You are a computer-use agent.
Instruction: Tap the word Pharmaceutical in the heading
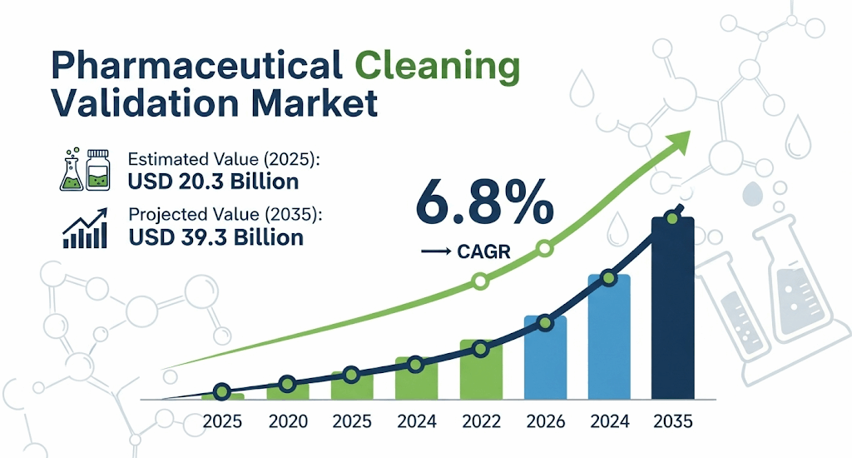pos(196,66)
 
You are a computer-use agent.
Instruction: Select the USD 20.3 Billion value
pos(213,181)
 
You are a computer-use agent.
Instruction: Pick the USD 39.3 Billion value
pos(216,237)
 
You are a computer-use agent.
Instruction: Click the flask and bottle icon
pos(87,170)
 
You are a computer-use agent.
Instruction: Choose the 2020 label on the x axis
pos(287,422)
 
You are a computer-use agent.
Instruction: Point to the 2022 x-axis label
pos(480,422)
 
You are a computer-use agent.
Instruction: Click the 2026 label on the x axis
pos(544,422)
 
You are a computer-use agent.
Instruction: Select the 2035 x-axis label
pos(672,422)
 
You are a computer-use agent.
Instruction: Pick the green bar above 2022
pos(481,371)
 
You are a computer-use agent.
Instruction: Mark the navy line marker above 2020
pos(287,384)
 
